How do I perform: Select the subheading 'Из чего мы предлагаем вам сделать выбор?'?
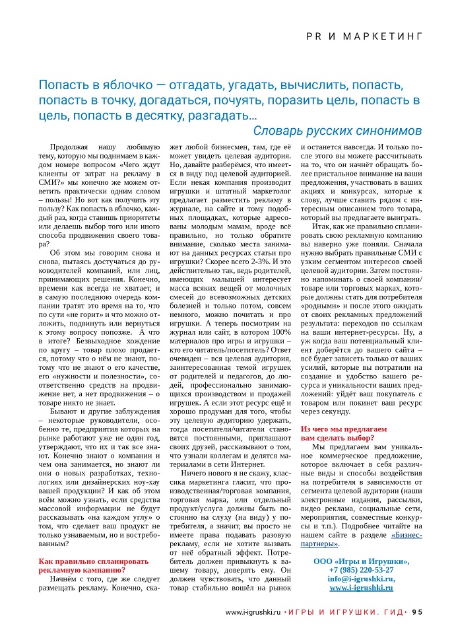click(x=338, y=433)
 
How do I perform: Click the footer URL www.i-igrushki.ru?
click(x=253, y=612)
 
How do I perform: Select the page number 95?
click(x=417, y=612)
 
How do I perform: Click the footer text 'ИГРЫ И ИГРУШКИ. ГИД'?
click(x=345, y=612)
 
